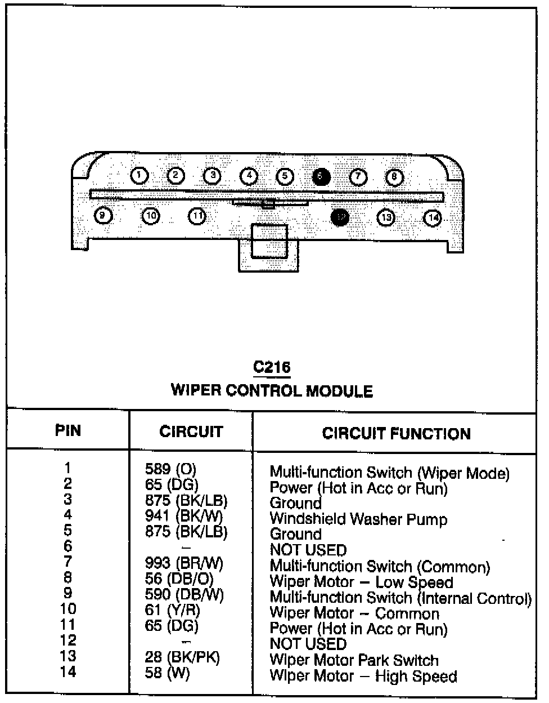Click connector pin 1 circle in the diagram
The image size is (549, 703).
pos(139,176)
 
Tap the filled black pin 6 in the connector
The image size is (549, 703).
pos(321,177)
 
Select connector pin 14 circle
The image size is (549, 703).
pos(432,217)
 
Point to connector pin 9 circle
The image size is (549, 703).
pos(102,216)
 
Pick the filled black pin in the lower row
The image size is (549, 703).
pos(340,217)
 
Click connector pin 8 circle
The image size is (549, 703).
pos(394,177)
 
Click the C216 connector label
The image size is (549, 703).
pos(272,368)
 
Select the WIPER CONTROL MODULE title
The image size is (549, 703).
pos(272,390)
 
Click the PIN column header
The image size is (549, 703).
pos(68,431)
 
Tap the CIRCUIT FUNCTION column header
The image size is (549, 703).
pos(396,433)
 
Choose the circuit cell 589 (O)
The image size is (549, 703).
pos(170,469)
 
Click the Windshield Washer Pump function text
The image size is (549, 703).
pos(358,519)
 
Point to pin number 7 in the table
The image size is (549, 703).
pos(67,562)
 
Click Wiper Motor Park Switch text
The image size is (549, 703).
pos(354,660)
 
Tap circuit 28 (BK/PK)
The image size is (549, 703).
pos(182,657)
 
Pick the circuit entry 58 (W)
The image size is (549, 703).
pos(167,673)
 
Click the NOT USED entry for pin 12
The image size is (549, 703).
pos(308,644)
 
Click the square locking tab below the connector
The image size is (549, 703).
pos(269,242)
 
